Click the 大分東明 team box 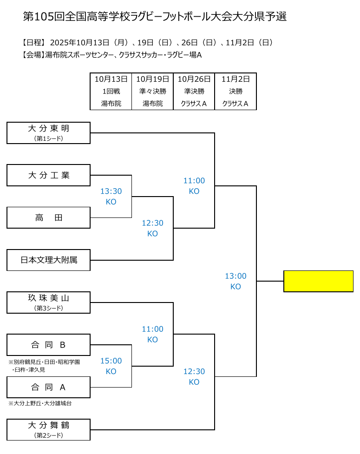[x=48, y=133]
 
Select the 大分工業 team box [x=48, y=175]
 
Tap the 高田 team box [x=48, y=217]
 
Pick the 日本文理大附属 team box [x=48, y=260]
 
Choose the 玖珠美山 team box [x=48, y=302]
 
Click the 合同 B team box [x=48, y=345]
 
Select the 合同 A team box [x=48, y=387]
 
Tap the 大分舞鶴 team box [x=48, y=429]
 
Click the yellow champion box [x=318, y=281]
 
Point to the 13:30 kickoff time [x=111, y=191]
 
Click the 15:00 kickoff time [x=111, y=361]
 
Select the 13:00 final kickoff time [x=236, y=276]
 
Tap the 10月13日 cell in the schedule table [x=111, y=79]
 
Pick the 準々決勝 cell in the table [x=152, y=92]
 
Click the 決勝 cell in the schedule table [x=236, y=92]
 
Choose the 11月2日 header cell [x=236, y=79]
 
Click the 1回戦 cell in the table [x=111, y=92]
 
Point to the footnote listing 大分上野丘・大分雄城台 [x=40, y=403]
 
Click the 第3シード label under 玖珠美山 [x=48, y=308]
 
